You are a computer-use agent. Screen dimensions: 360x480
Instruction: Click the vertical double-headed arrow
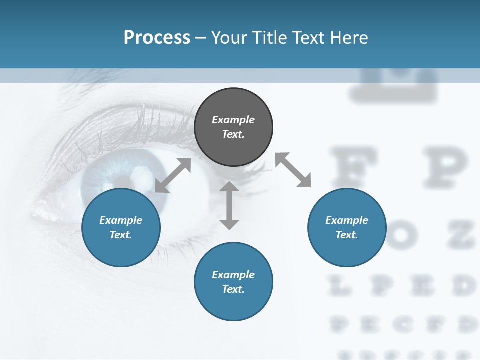tap(229, 205)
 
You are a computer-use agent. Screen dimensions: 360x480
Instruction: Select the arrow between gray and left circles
tap(173, 175)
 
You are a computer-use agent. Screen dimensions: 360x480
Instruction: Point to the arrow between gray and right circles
tap(293, 170)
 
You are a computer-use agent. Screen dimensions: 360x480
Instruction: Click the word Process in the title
tap(157, 37)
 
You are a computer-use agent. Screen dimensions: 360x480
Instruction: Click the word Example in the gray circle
tap(233, 120)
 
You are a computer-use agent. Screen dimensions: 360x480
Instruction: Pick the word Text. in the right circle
tap(347, 235)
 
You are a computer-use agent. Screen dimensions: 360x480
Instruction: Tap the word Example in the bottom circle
tap(233, 275)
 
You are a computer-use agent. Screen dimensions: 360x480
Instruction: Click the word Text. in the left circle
tap(121, 235)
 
